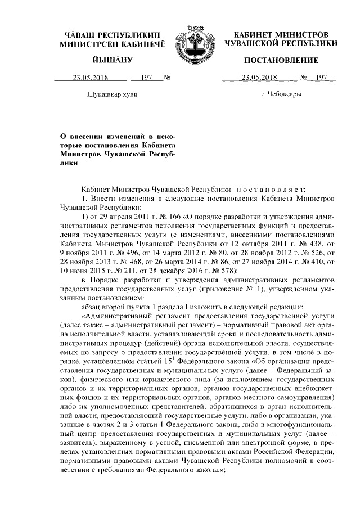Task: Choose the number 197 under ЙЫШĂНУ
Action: coord(147,78)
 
